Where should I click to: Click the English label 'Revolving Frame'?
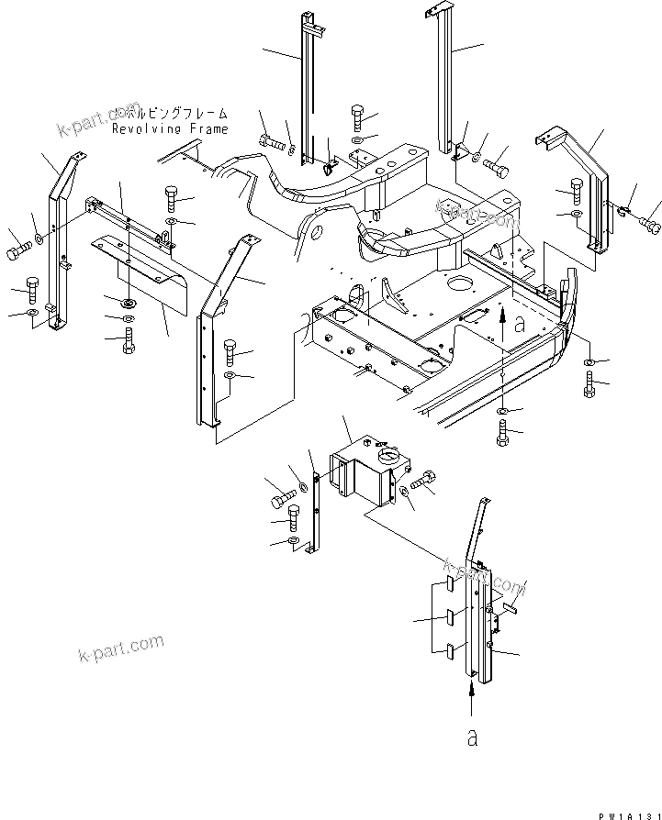[170, 129]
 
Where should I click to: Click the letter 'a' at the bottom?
[472, 737]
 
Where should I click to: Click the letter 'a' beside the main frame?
[521, 323]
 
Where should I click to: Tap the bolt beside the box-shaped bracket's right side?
[425, 479]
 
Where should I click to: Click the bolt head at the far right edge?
[653, 221]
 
